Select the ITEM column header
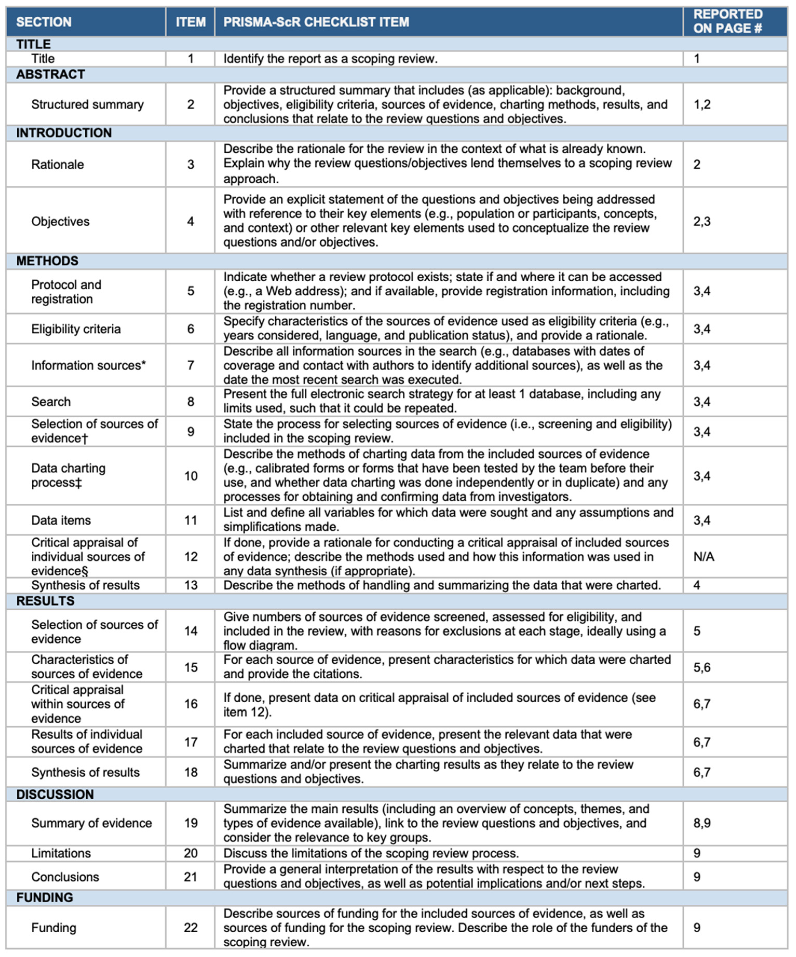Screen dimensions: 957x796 (191, 22)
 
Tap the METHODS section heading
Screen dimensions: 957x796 (47, 261)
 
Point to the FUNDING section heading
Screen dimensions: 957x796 (45, 897)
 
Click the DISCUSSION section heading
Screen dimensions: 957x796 (55, 794)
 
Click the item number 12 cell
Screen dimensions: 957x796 (191, 556)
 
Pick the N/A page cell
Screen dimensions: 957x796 (704, 556)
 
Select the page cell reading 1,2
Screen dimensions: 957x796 (702, 104)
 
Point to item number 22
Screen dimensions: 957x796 (191, 927)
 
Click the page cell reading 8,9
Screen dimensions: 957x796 (702, 823)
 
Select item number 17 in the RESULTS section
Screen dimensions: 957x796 (191, 742)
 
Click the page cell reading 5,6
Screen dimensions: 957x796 (702, 667)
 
